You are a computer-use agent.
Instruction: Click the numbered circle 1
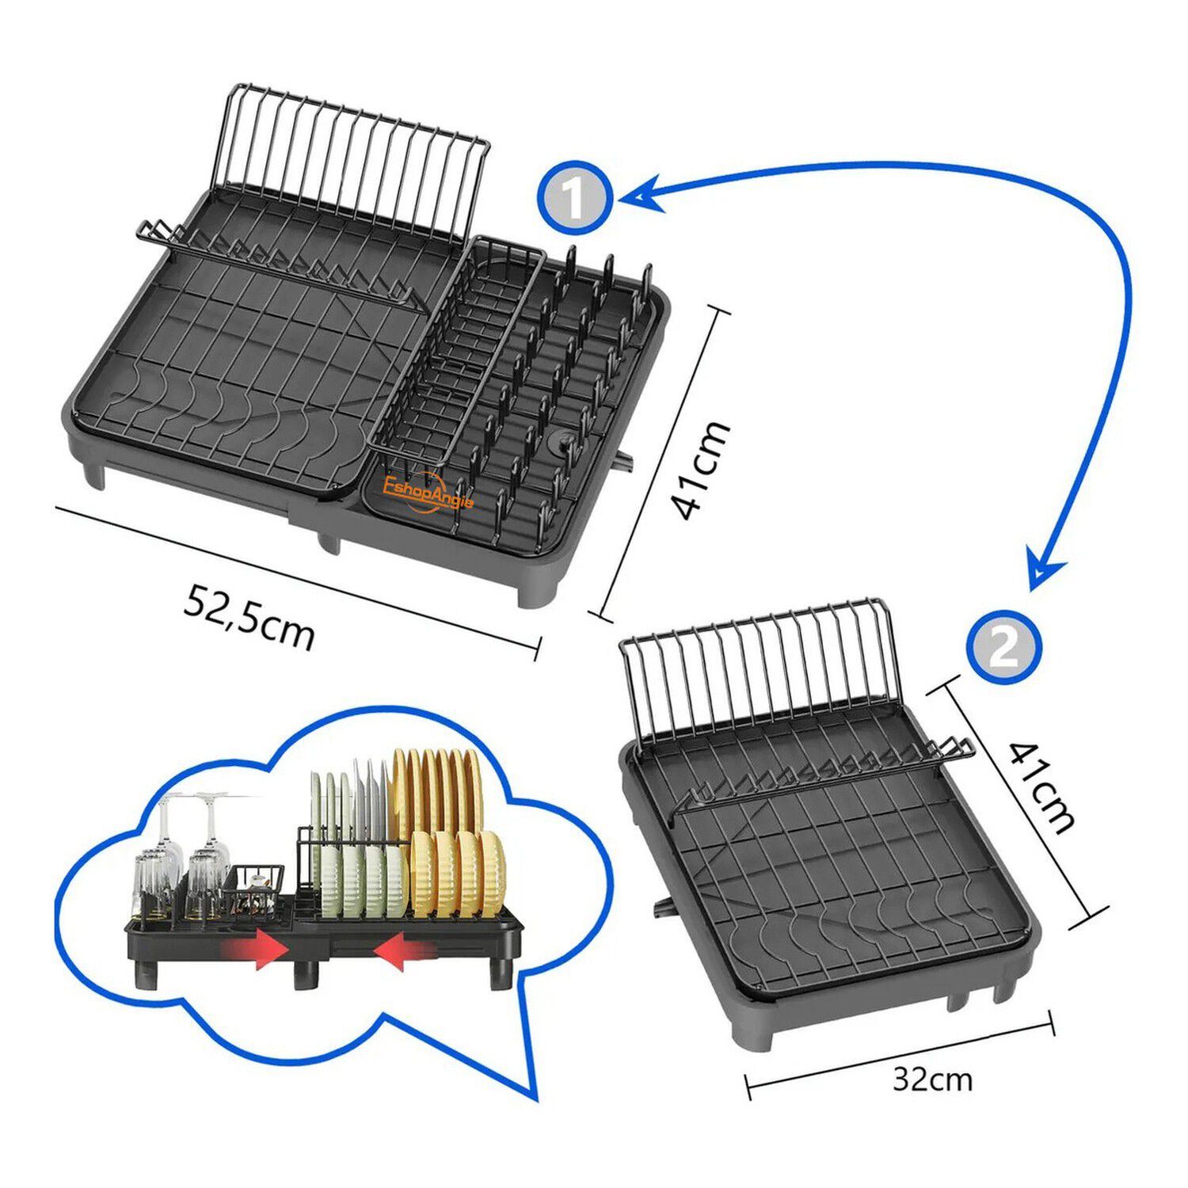pyautogui.click(x=575, y=198)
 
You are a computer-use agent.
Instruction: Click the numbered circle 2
pyautogui.click(x=1003, y=647)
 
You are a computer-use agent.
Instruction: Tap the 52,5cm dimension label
pyautogui.click(x=249, y=617)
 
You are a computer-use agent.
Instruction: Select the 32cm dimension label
pyautogui.click(x=932, y=1079)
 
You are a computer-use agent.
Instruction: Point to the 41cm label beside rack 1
pyautogui.click(x=699, y=470)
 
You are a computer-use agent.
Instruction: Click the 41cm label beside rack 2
pyautogui.click(x=1043, y=786)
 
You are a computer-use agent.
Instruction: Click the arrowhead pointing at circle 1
pyautogui.click(x=640, y=192)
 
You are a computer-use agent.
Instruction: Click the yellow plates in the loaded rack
pyautogui.click(x=448, y=832)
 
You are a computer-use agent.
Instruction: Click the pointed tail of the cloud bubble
pyautogui.click(x=535, y=1098)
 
